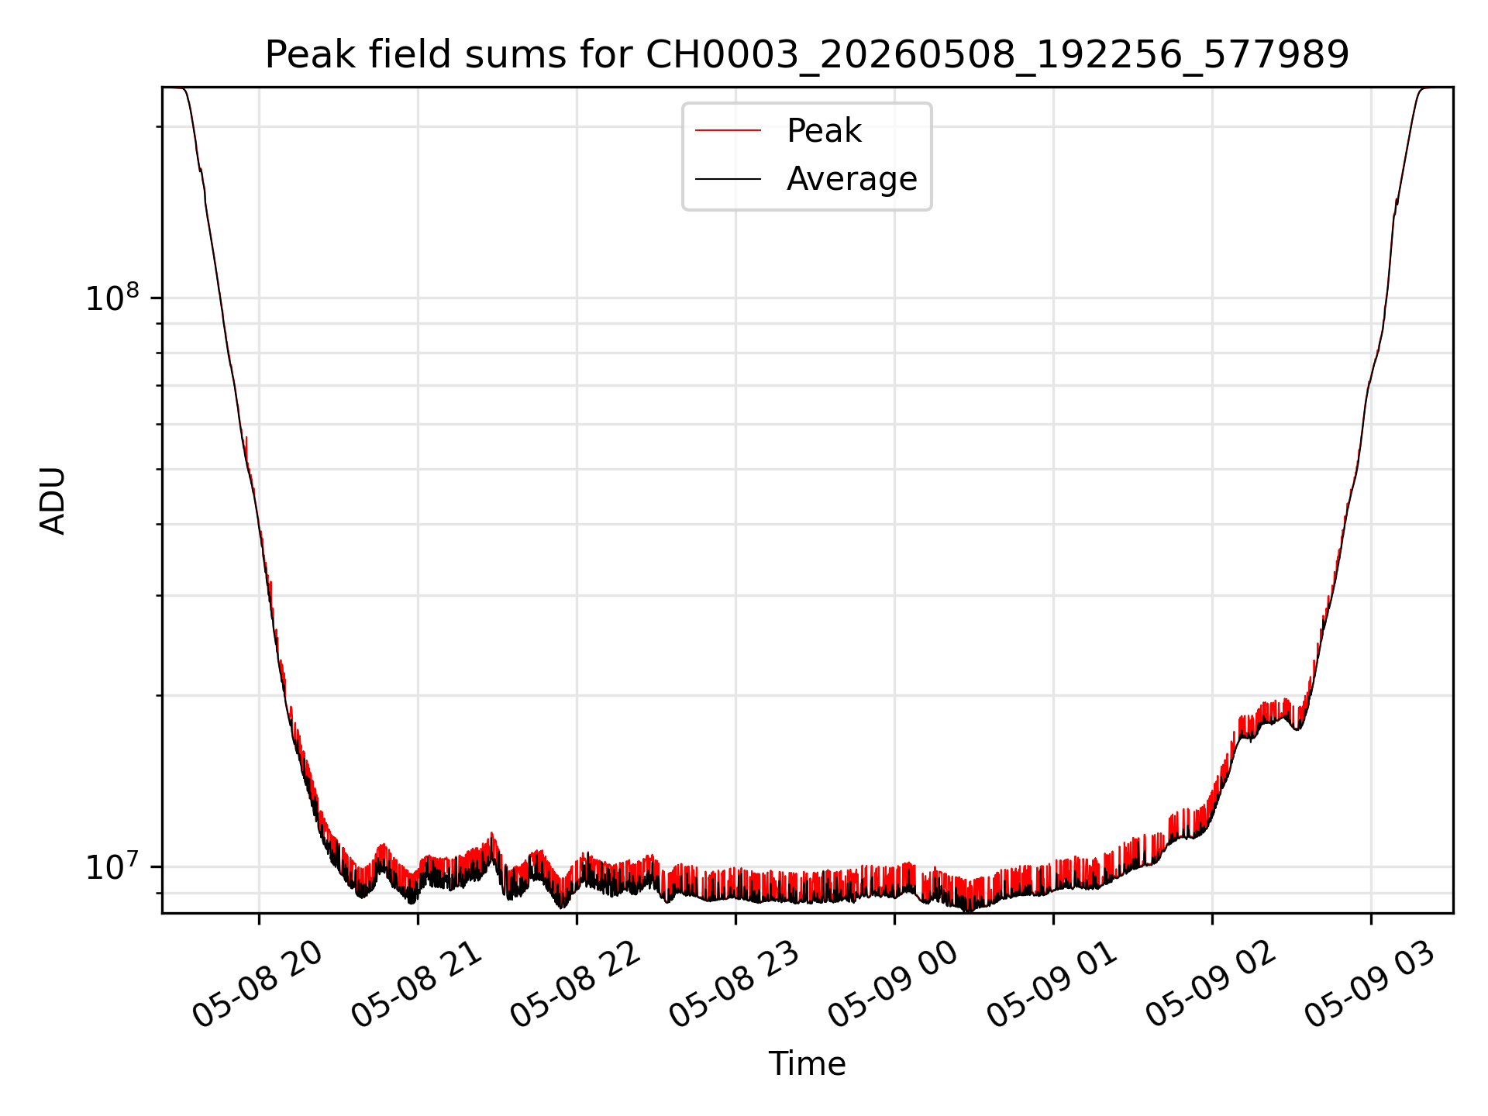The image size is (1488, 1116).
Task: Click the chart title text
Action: tap(807, 55)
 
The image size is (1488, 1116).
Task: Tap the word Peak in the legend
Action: tap(824, 131)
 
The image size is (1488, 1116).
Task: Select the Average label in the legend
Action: tap(852, 179)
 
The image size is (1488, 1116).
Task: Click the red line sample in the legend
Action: tap(728, 131)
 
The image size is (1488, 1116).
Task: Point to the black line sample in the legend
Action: tap(728, 179)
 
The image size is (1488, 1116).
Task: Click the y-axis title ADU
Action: tap(53, 501)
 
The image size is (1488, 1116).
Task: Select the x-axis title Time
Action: tap(807, 1064)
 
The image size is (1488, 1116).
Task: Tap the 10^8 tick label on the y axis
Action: tap(112, 298)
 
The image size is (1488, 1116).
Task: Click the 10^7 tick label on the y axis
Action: tap(112, 866)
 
